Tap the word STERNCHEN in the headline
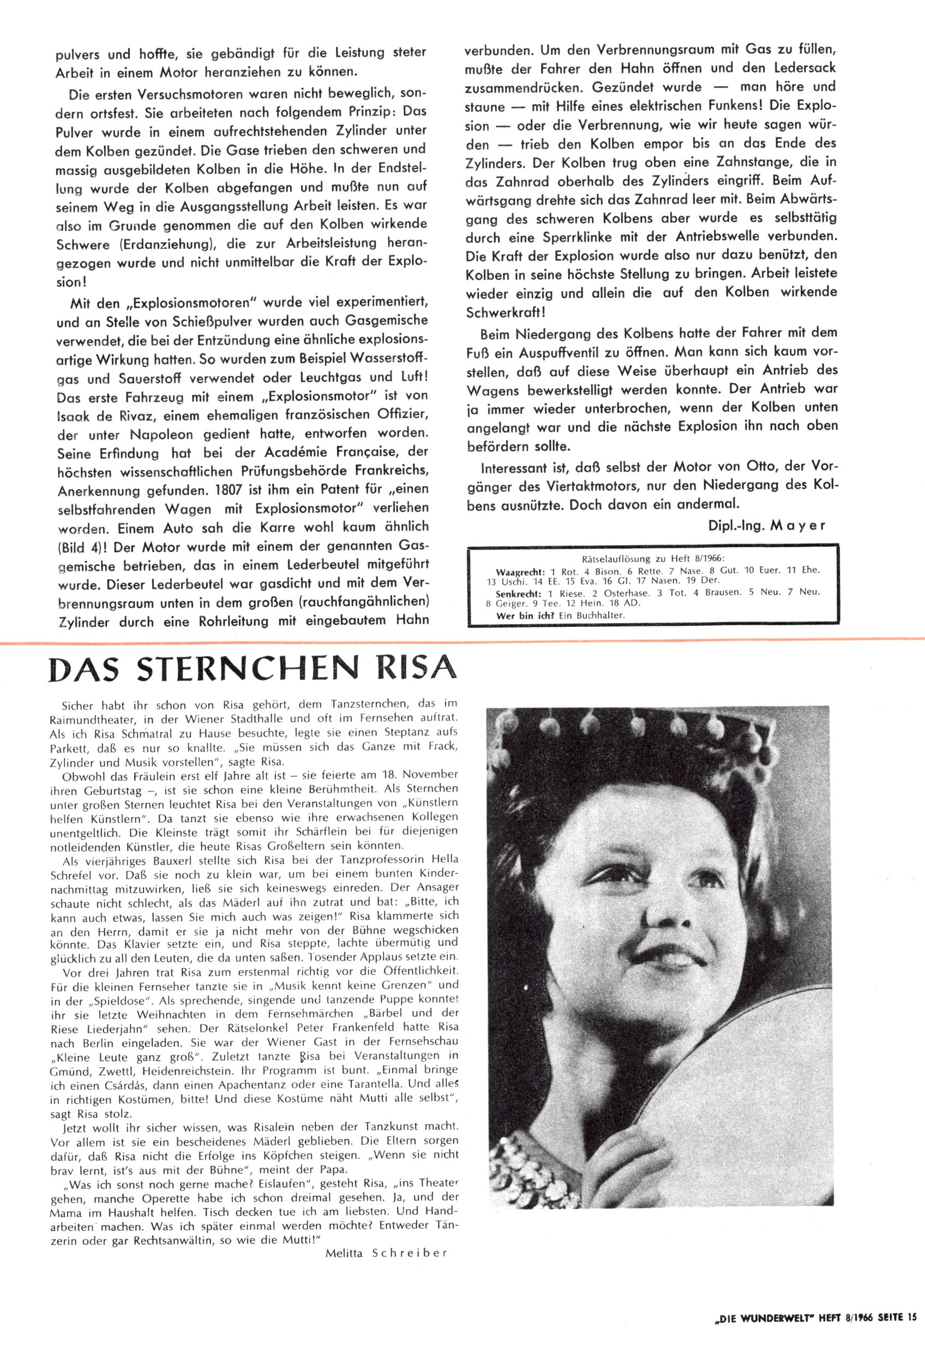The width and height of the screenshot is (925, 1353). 256,669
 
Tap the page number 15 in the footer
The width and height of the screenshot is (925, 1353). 911,1332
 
